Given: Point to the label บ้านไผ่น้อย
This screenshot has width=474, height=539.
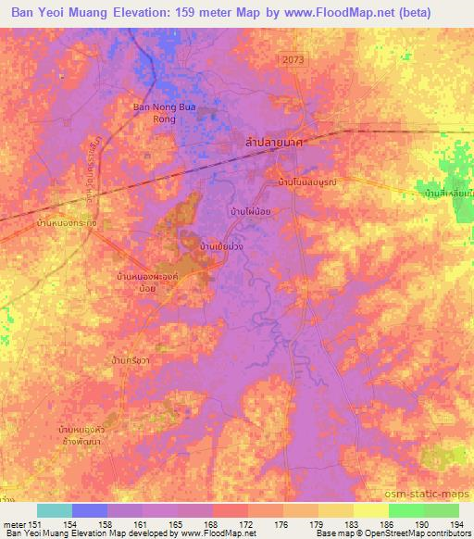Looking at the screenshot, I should (250, 212).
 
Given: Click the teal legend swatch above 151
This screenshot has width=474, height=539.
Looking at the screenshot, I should (54, 510).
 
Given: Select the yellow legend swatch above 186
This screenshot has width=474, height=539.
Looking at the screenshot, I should (370, 510).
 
